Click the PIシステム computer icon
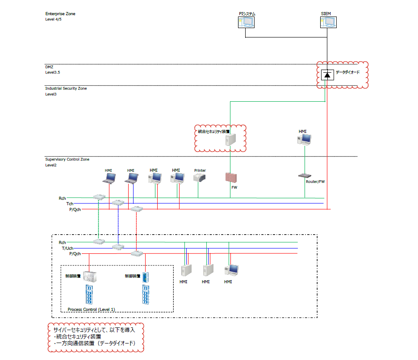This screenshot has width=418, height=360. point(246,23)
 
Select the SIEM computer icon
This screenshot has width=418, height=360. point(328,23)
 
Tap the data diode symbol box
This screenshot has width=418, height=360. point(327,75)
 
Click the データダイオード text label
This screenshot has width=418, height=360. point(347,72)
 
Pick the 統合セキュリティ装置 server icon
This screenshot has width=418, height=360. point(230,141)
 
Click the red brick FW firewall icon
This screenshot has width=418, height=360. point(231,177)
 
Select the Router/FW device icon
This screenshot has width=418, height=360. point(305,176)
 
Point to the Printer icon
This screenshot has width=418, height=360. point(200,178)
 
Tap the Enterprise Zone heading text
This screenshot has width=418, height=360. point(60,14)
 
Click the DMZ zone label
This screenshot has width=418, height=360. point(49,67)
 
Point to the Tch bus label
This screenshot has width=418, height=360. point(70,203)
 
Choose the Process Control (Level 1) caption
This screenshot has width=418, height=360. point(92,309)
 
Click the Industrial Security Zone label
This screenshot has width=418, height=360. point(66,88)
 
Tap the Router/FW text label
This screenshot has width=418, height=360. point(315,182)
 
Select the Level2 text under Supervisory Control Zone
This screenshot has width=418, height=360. point(51,165)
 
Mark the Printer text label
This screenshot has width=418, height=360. point(200,170)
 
